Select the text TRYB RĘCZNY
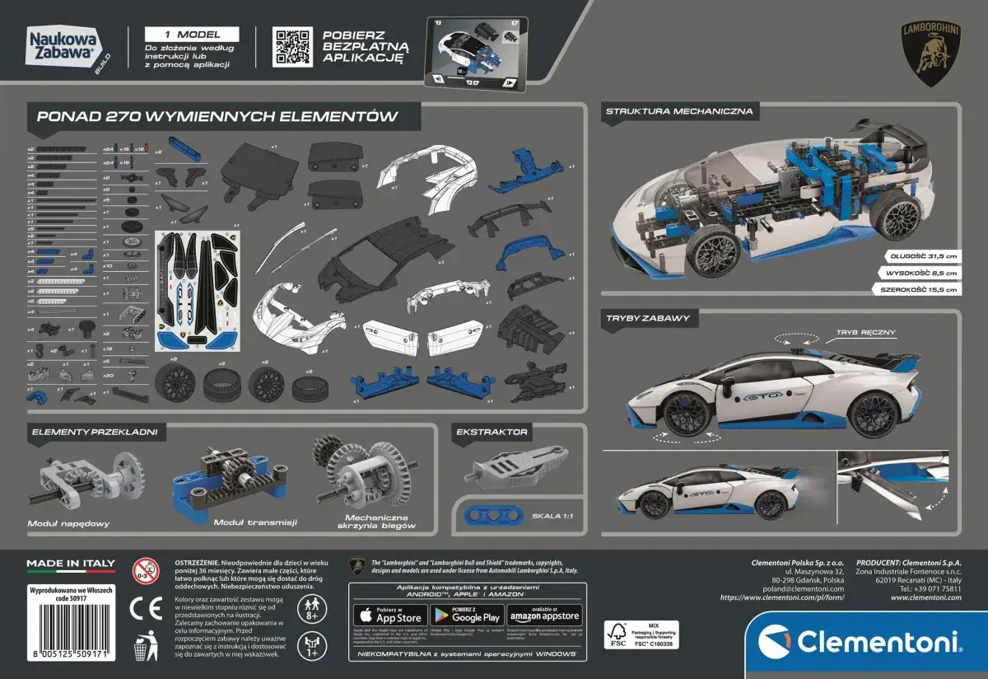pos(864,332)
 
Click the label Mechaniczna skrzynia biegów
pos(380,521)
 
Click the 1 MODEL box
pos(192,35)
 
